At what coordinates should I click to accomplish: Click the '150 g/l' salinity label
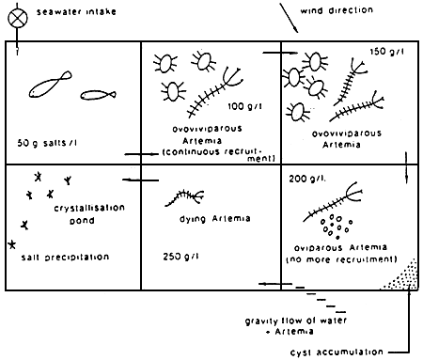coord(387,51)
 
